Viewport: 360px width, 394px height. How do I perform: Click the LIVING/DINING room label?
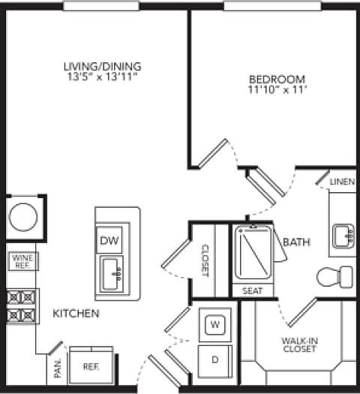[x=102, y=66]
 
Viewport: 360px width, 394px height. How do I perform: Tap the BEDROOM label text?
[x=277, y=79]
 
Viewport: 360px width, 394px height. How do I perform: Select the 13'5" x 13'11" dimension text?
[x=102, y=77]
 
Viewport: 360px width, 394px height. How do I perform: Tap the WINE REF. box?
[x=21, y=261]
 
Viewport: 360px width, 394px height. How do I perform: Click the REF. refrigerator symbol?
[x=90, y=368]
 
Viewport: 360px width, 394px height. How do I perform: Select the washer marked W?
[x=214, y=325]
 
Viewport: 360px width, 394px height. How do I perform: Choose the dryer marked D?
[x=214, y=359]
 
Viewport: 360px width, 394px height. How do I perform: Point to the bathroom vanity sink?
[x=345, y=235]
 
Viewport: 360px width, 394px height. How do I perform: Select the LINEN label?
[x=342, y=182]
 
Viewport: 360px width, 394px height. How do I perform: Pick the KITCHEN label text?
[x=76, y=312]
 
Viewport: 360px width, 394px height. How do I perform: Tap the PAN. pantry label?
[x=58, y=370]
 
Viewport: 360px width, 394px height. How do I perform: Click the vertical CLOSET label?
[x=204, y=260]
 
